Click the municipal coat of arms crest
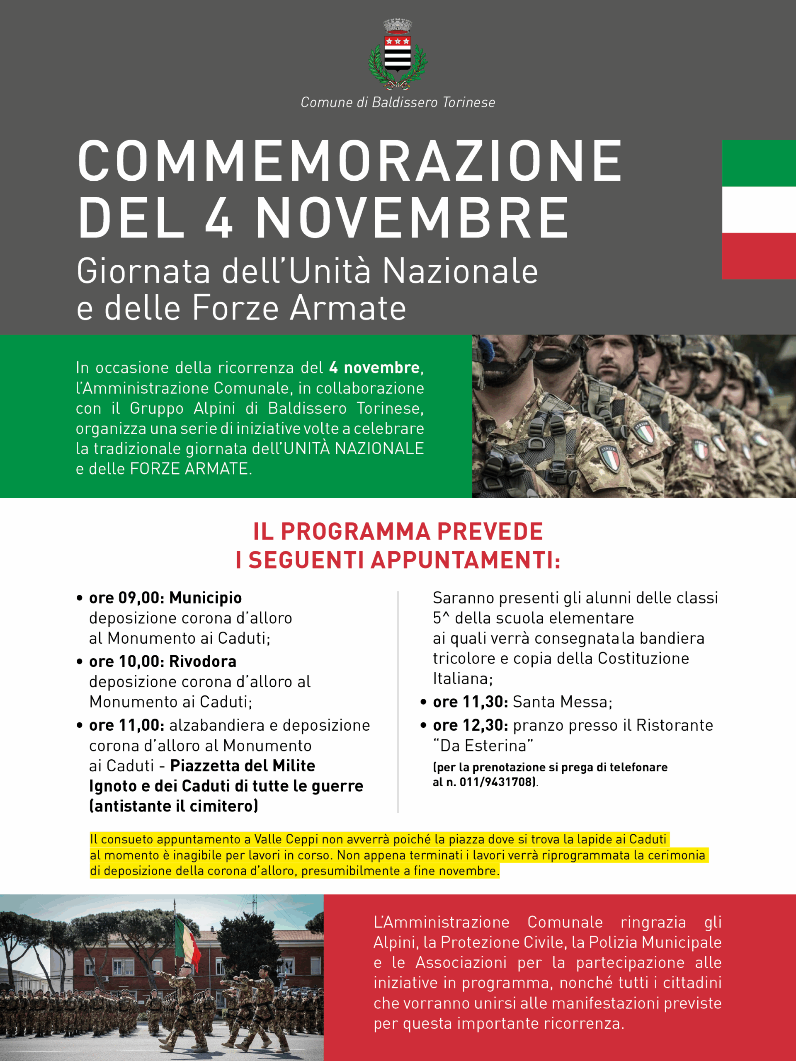(398, 54)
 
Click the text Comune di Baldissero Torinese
(398, 102)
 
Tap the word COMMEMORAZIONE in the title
(350, 162)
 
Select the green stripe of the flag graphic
(759, 163)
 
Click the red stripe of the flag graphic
(759, 256)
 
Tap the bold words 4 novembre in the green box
(374, 368)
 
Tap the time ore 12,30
(470, 725)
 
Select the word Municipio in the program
(205, 598)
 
